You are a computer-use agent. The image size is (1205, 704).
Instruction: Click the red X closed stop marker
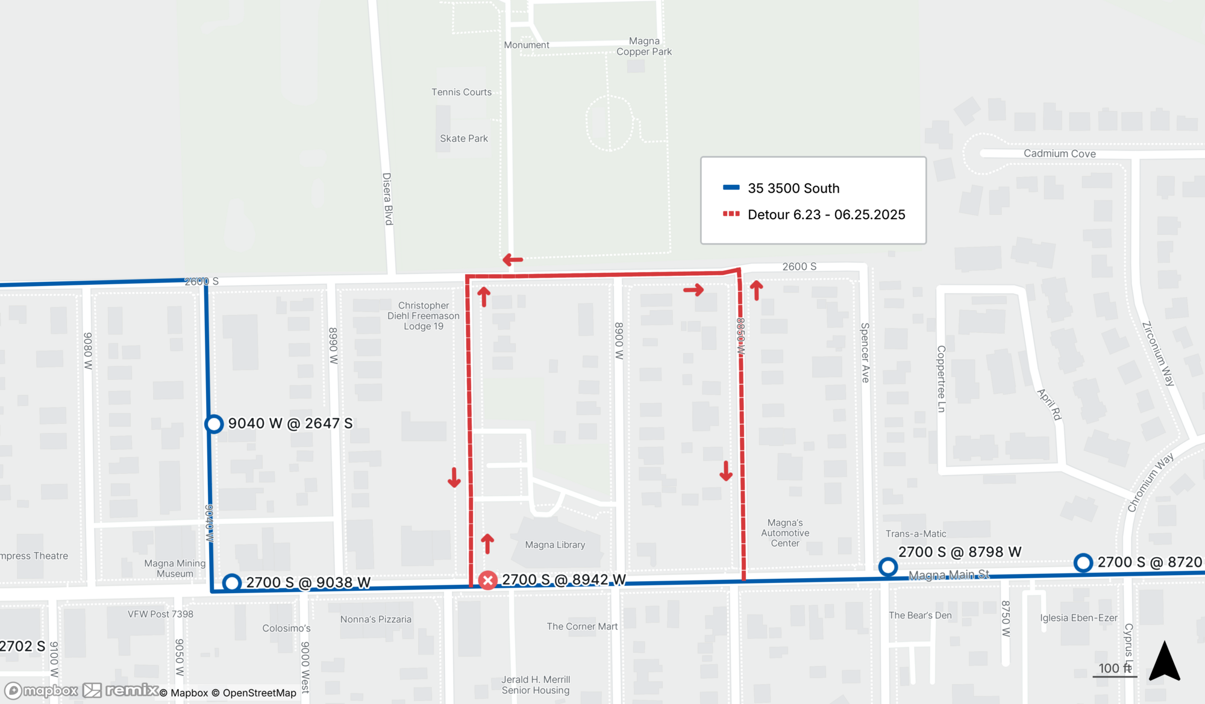[487, 580]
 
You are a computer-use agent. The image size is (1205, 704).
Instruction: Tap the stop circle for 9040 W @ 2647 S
[214, 424]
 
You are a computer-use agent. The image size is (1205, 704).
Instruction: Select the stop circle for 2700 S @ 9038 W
[232, 582]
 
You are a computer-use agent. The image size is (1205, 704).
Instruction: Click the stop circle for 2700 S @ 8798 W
[887, 567]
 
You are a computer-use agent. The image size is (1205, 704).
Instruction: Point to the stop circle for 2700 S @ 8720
[1083, 562]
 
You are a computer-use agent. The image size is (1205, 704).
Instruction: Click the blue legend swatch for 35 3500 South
[731, 187]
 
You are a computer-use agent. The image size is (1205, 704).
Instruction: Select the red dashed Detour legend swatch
[731, 214]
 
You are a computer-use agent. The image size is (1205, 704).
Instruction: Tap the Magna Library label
[555, 545]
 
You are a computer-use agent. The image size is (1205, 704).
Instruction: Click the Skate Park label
[464, 139]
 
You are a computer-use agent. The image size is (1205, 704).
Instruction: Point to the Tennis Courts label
[462, 92]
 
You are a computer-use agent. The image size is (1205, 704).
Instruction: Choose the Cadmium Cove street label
[1059, 154]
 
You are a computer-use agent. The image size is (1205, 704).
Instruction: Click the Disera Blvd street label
[387, 199]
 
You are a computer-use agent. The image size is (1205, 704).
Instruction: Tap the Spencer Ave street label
[865, 353]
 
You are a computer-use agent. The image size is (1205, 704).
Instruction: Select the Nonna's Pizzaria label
[376, 619]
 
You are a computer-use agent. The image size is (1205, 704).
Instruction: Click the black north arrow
[1164, 662]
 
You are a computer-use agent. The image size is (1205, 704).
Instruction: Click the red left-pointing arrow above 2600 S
[513, 260]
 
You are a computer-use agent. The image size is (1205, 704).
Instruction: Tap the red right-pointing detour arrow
[693, 290]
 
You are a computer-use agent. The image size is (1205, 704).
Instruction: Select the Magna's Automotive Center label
[785, 533]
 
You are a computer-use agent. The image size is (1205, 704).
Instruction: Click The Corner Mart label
[582, 626]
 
